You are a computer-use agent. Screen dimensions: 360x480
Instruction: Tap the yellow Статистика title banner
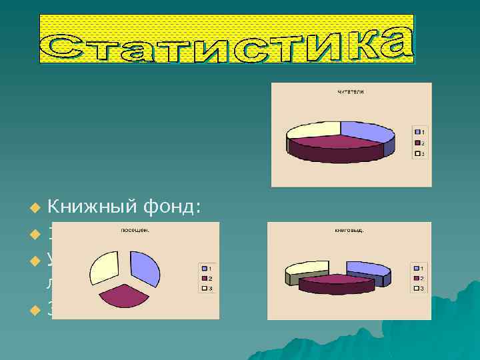tap(227, 39)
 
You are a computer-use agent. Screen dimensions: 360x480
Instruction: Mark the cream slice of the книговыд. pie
tap(307, 268)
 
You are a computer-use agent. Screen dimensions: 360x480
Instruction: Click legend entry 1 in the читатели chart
tap(419, 131)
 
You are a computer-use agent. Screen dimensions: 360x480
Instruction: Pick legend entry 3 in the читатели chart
tap(419, 153)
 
